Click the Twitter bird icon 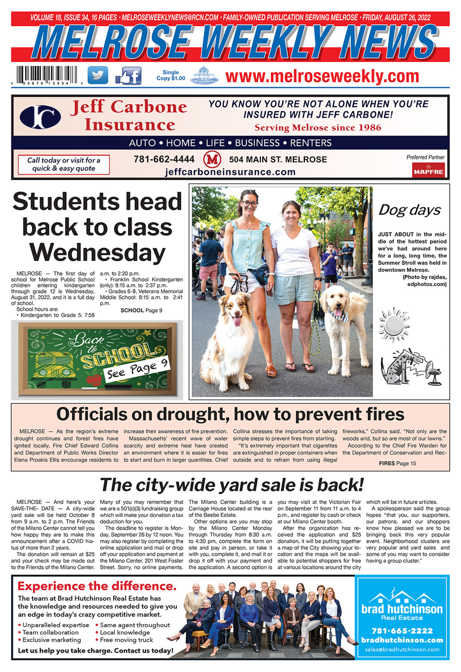coord(98,75)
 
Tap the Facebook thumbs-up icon coord(128,76)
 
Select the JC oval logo coord(40,117)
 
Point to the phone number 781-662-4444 coord(164,159)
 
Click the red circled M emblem coord(212,159)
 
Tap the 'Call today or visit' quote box coord(64,165)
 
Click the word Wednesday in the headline coord(97,253)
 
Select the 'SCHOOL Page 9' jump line coord(141,310)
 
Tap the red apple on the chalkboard coord(93,380)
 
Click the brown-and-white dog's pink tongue coord(237,320)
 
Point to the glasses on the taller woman coord(250,204)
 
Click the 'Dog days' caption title coord(410,210)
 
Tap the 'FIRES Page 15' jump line coord(397,463)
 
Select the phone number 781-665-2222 coord(402,631)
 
